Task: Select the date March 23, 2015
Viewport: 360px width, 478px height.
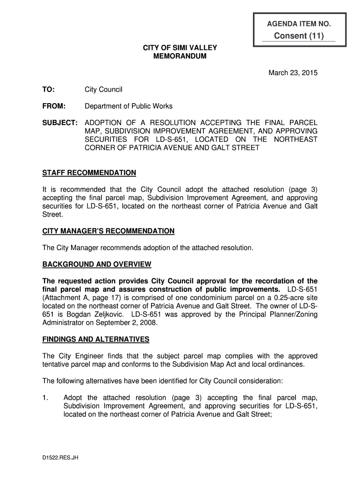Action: coord(293,73)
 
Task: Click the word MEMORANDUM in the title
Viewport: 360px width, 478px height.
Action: coord(180,56)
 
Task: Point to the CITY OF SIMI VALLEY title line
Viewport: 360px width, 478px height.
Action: coord(180,48)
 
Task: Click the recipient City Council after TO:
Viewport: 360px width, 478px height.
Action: coord(103,89)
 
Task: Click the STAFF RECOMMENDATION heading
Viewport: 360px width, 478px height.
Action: coord(89,173)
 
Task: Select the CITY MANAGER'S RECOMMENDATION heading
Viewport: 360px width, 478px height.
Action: coord(108,231)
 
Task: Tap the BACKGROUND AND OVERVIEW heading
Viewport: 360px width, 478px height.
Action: coord(97,264)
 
